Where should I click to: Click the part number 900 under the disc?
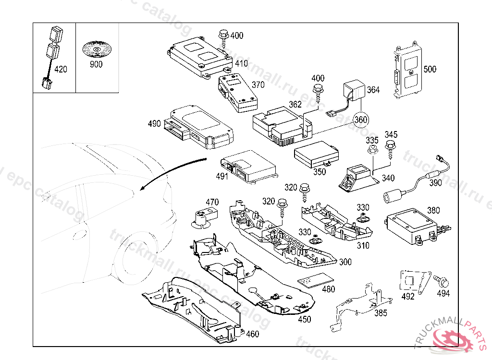click(x=96, y=64)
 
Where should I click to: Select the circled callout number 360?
click(x=362, y=120)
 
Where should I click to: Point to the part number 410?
click(x=241, y=63)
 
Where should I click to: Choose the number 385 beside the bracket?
click(x=381, y=313)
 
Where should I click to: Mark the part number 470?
click(x=212, y=202)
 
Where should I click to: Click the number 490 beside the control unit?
click(x=154, y=124)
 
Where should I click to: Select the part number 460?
click(x=252, y=334)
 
